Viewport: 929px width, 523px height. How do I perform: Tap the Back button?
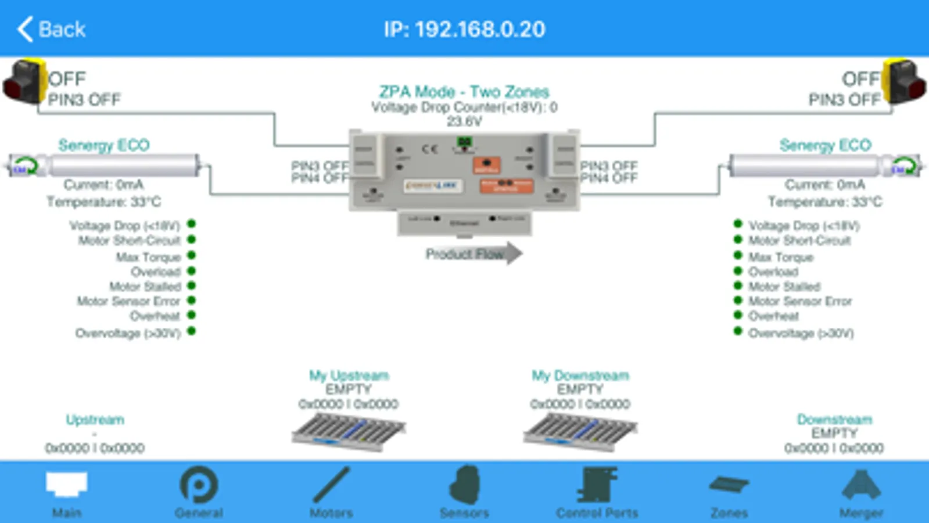[x=51, y=29]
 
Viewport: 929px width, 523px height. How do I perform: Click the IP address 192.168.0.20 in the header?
[x=464, y=29]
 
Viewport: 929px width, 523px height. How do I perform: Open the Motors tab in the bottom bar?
[x=331, y=492]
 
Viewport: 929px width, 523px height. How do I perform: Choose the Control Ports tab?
[x=597, y=492]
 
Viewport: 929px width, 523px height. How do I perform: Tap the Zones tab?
[x=729, y=492]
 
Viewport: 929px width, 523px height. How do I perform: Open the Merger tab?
[x=861, y=492]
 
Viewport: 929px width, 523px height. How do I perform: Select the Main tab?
[x=67, y=492]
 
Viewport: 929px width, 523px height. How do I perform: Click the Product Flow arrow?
[x=473, y=253]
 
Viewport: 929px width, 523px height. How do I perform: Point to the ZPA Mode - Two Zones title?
[x=464, y=92]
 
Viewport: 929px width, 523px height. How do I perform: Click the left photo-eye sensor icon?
[x=24, y=82]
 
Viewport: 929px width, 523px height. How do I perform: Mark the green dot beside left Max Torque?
[x=192, y=255]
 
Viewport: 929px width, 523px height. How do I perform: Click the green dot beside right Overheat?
[x=738, y=316]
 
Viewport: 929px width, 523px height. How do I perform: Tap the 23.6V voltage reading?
[x=464, y=121]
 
